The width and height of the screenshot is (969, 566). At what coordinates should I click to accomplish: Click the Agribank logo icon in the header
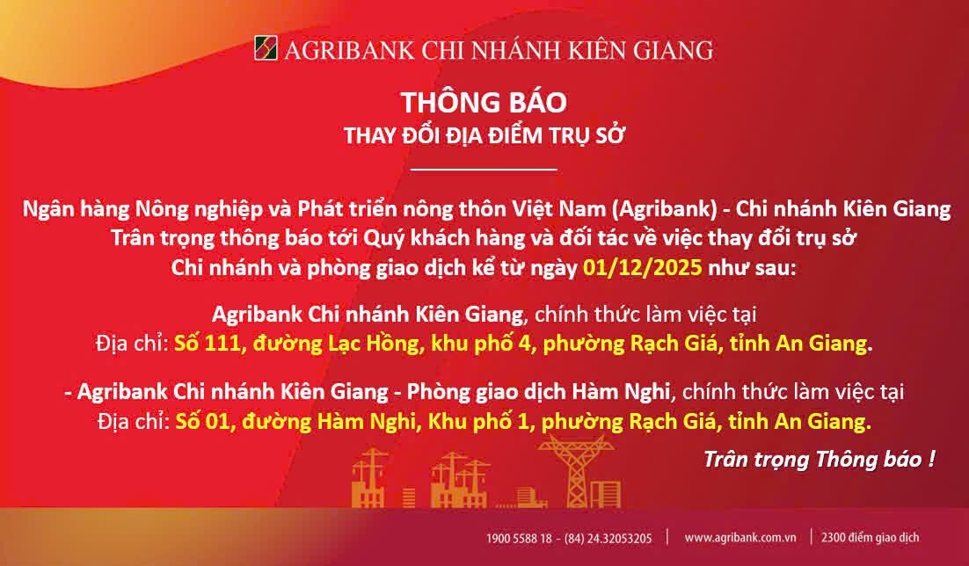pos(266,48)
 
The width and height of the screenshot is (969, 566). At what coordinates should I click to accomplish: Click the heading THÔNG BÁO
pos(484,102)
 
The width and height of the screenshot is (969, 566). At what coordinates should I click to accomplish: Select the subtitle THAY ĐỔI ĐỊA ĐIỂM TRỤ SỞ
pos(484,135)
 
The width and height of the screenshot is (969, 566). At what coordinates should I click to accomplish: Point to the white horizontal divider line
pos(484,169)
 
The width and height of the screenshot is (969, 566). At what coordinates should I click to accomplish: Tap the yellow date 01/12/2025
pos(643,267)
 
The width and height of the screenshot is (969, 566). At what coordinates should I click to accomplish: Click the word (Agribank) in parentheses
pos(665,209)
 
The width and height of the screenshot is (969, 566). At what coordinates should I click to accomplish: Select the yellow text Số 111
pos(207,343)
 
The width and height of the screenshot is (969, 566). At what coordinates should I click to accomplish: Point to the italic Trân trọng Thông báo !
pos(819,459)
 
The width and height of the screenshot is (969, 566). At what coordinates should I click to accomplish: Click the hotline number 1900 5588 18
pos(519,538)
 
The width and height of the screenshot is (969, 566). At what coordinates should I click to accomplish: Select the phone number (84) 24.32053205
pos(608,538)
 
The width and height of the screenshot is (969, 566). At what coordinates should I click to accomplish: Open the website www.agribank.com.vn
pos(739,538)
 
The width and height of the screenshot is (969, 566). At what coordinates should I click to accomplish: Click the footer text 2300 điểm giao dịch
pos(870,538)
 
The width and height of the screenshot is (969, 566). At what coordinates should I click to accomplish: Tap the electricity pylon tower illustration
pos(577,470)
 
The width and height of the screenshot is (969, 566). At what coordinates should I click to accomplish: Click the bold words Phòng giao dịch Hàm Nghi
pos(538,391)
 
